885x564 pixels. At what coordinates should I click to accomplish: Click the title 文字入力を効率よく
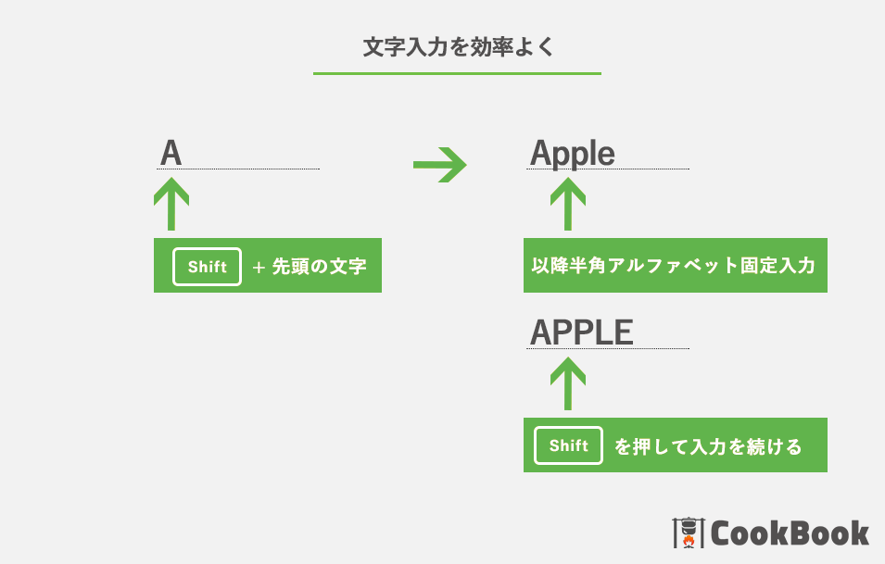click(459, 47)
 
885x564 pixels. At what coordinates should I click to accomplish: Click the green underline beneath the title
click(457, 73)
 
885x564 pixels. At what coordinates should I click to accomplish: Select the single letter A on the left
click(171, 153)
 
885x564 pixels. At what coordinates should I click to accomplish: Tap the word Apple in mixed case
click(573, 154)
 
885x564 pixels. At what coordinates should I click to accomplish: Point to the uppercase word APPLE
click(581, 332)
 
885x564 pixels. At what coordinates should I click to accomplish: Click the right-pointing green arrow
click(439, 165)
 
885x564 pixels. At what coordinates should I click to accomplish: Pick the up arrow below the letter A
click(171, 204)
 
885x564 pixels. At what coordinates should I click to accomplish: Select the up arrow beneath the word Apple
click(568, 204)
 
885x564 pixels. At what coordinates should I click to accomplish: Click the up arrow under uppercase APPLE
click(568, 384)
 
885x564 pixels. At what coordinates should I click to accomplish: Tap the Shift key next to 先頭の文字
click(208, 267)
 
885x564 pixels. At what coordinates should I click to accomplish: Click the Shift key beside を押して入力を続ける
click(568, 445)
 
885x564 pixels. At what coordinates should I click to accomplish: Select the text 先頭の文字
click(320, 266)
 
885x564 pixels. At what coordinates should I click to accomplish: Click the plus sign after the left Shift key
click(259, 268)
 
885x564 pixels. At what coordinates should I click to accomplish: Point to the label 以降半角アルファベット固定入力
click(674, 265)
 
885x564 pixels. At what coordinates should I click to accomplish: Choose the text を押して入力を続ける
click(708, 446)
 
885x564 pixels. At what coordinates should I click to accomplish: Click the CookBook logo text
click(790, 533)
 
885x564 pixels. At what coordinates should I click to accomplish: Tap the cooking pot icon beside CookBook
click(689, 533)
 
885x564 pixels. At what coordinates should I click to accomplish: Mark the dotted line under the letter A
click(238, 169)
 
